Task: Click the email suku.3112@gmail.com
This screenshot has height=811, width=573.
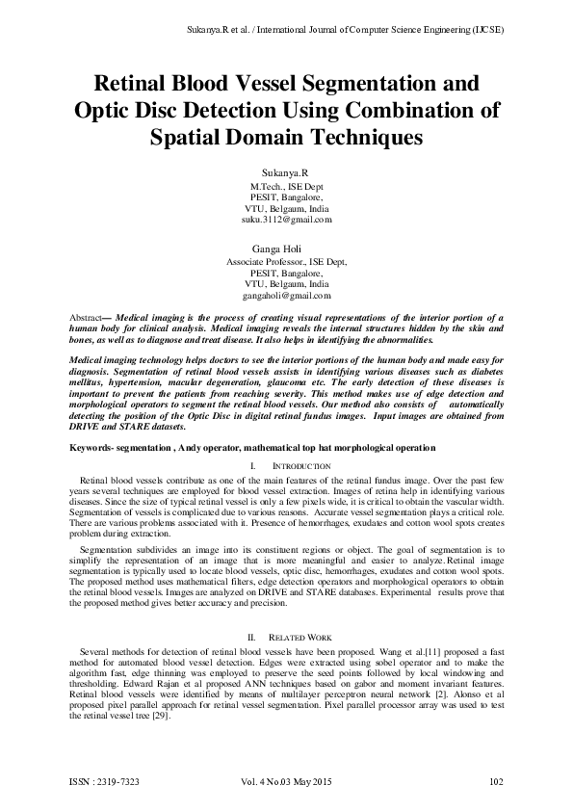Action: [x=286, y=220]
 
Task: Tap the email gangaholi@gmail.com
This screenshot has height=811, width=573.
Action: [x=286, y=297]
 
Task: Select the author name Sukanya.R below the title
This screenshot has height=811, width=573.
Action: [x=286, y=170]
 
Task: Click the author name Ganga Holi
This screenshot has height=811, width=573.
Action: [x=286, y=249]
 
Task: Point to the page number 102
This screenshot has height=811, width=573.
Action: [x=497, y=781]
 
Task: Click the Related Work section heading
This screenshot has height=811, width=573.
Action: [x=297, y=638]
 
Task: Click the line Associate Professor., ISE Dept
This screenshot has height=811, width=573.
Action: [x=286, y=261]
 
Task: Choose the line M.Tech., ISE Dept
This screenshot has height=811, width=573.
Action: [x=286, y=184]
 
